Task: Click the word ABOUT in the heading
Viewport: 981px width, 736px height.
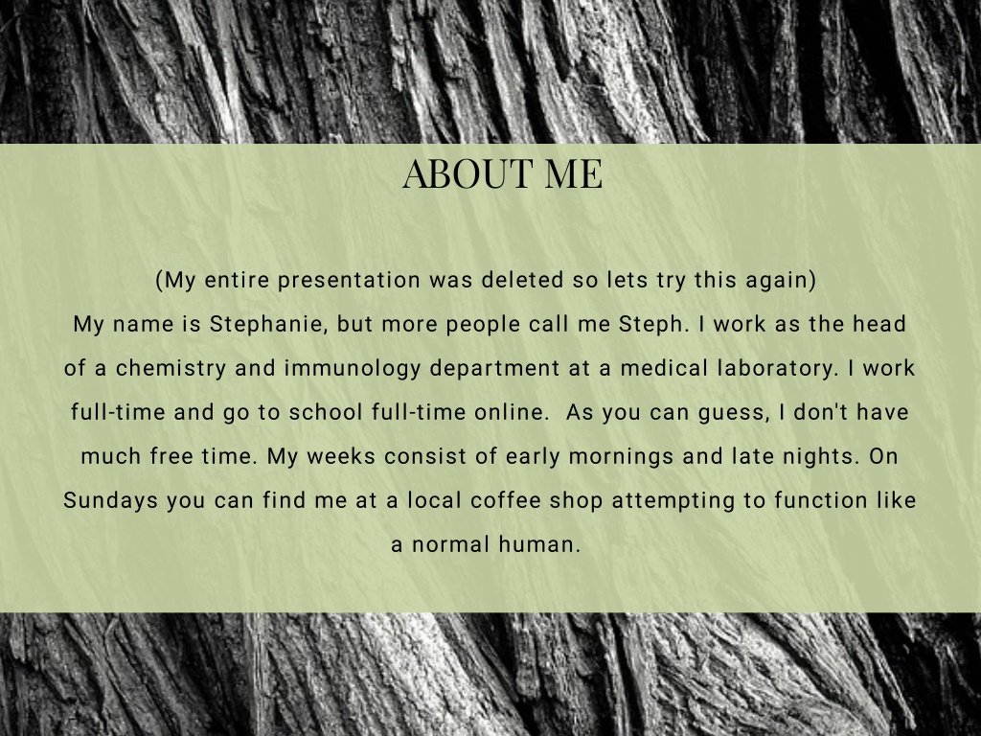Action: point(468,173)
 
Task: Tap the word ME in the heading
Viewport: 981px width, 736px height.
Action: point(574,173)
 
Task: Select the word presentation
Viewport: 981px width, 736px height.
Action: point(349,281)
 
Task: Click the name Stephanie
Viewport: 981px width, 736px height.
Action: point(266,324)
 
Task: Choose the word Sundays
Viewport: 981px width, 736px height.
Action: point(111,500)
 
